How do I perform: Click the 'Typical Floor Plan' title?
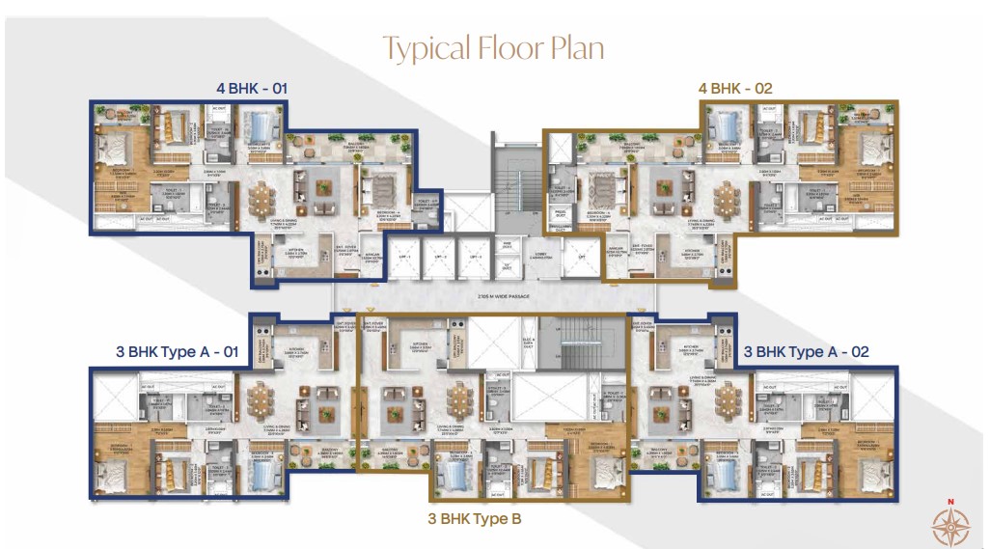(494, 47)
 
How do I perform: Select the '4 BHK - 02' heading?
(735, 89)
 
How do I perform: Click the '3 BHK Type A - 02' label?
(807, 352)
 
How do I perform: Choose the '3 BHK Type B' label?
(474, 518)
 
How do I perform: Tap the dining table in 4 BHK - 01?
(262, 199)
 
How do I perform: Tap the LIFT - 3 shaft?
(472, 259)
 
